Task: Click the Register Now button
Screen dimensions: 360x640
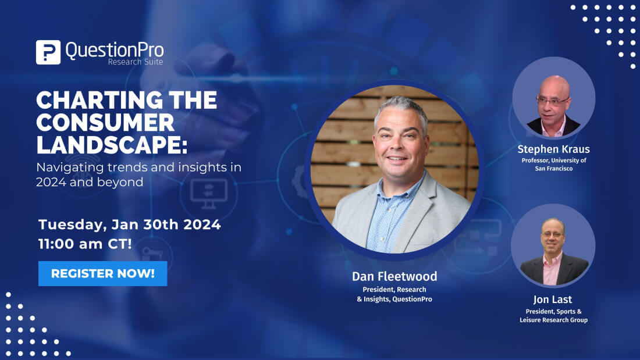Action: coord(102,273)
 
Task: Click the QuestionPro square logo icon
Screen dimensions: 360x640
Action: coord(48,52)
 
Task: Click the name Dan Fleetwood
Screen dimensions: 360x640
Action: coord(394,276)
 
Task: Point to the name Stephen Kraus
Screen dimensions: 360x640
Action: coord(553,149)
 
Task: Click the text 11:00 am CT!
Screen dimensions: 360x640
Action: coord(85,244)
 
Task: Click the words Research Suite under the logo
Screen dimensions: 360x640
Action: coord(135,62)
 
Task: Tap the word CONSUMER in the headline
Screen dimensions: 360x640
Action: coord(105,123)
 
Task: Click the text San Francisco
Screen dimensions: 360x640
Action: coord(553,169)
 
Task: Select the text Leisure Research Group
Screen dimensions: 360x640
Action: coord(553,320)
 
